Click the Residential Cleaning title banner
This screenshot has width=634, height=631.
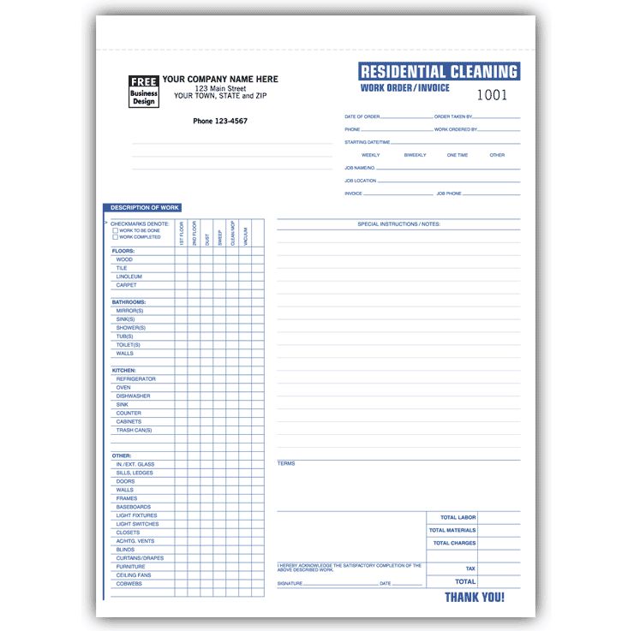[x=439, y=72]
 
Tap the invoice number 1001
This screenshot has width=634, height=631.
[x=492, y=96]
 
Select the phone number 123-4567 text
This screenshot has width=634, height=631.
[x=220, y=121]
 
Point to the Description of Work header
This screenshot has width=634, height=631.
[x=145, y=208]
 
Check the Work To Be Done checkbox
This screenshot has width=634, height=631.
[x=116, y=230]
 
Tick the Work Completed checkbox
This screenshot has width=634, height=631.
[x=116, y=237]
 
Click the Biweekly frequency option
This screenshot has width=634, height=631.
[x=415, y=155]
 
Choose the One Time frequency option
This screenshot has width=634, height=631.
[x=458, y=155]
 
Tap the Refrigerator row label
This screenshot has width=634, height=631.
[x=135, y=379]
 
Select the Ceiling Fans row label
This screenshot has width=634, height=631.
[x=134, y=575]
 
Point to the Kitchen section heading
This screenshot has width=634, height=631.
[x=124, y=371]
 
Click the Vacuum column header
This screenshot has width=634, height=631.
[x=245, y=236]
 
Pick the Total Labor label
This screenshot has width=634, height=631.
[x=458, y=518]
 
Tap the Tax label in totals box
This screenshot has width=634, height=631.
[x=470, y=568]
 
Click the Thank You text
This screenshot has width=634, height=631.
[x=475, y=598]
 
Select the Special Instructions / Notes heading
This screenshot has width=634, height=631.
[x=398, y=224]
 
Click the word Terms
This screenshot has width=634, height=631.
[x=286, y=464]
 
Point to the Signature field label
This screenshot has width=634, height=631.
[x=290, y=584]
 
